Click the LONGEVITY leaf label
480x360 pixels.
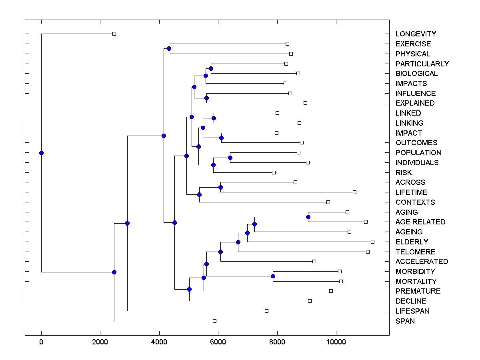pos(416,34)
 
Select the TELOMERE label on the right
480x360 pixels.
pos(415,252)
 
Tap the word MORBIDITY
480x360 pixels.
pos(415,272)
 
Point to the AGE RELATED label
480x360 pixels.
pos(420,222)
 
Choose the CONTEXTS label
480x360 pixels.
pos(415,202)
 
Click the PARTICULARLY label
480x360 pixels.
pos(422,64)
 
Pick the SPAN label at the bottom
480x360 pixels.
pos(405,321)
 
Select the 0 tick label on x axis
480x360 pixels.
pos(41,342)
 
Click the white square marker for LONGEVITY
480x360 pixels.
pos(114,34)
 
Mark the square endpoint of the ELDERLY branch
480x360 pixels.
pos(372,242)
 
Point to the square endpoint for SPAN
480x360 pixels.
pos(214,321)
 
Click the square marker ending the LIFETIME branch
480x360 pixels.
pos(354,192)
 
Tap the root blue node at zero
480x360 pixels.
pos(41,153)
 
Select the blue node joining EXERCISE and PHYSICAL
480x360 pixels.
pos(169,48)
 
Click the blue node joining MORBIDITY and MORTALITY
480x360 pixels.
pos(273,276)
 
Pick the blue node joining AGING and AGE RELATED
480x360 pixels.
pos(308,217)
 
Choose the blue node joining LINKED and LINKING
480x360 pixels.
pos(214,118)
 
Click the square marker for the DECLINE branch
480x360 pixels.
pos(310,301)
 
